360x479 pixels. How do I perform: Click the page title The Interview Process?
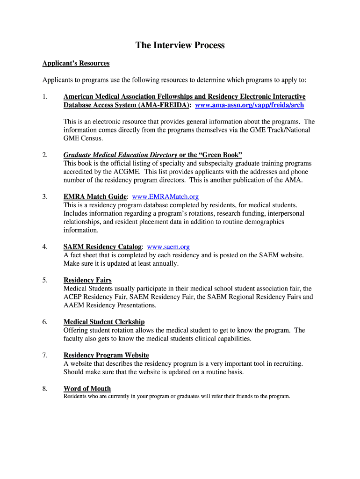[x=180, y=45]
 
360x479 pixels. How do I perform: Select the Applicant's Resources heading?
[x=76, y=63]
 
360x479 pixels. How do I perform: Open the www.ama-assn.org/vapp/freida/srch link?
[x=249, y=105]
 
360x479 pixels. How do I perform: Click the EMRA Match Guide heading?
[x=95, y=197]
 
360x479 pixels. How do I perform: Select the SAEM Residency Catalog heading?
[x=102, y=247]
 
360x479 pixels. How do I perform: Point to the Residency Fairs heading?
[x=87, y=280]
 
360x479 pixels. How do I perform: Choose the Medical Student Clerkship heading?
[x=104, y=322]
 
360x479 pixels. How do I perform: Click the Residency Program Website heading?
[x=106, y=356]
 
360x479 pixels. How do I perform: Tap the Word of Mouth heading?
[x=87, y=389]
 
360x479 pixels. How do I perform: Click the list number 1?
[x=45, y=97]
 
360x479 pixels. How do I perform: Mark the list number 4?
[x=45, y=247]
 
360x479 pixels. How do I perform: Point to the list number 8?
[x=45, y=389]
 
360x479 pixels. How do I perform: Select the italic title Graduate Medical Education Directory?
[x=120, y=155]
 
